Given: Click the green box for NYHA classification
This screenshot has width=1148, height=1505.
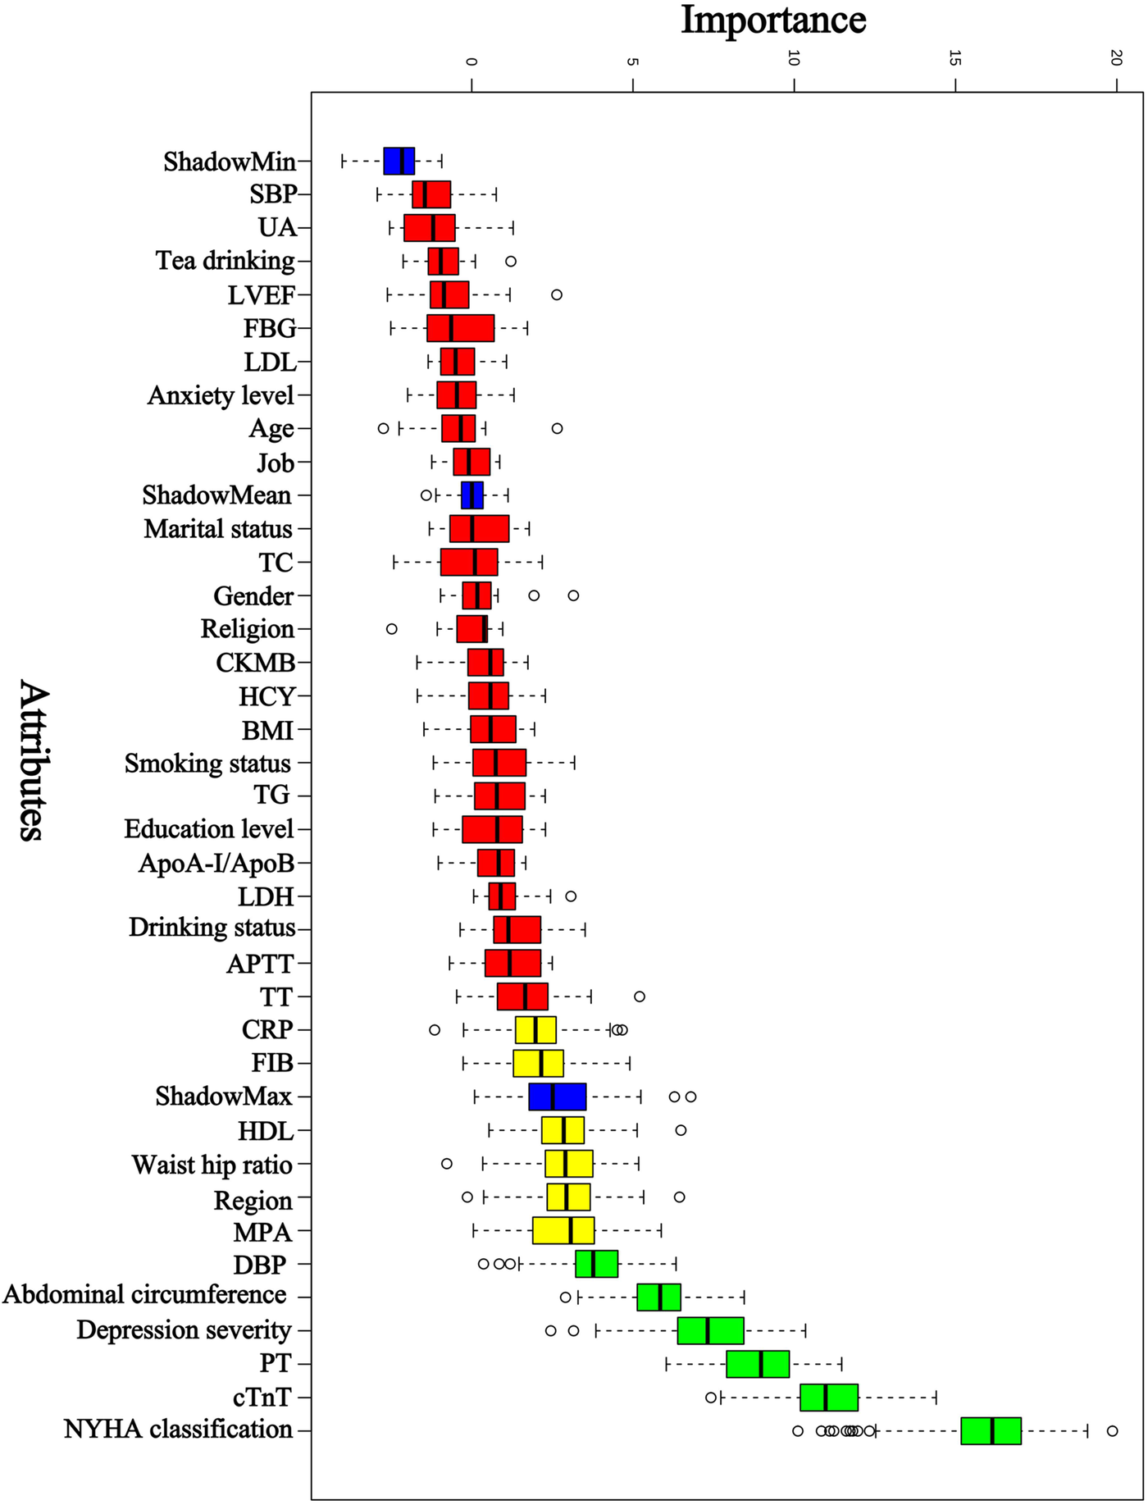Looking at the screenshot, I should click(x=991, y=1430).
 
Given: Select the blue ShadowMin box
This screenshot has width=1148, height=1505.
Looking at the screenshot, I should click(x=399, y=161).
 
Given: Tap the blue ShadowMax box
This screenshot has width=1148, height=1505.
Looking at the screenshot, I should click(x=557, y=1097).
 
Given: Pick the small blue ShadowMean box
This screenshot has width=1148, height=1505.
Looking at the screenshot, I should click(x=472, y=495).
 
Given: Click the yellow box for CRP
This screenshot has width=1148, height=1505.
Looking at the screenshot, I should click(x=535, y=1029).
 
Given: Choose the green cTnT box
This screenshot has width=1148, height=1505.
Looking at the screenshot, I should click(x=829, y=1397).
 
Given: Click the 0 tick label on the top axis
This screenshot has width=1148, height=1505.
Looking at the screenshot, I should click(x=471, y=61).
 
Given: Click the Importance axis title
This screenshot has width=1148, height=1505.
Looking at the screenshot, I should click(x=773, y=20).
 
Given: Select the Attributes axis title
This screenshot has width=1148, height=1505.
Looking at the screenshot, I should click(x=30, y=759).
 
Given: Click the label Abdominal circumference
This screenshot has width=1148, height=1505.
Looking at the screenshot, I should click(x=145, y=1295).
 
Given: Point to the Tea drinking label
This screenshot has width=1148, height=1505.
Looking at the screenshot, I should click(x=225, y=261).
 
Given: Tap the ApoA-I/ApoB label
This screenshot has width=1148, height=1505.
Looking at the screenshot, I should click(x=216, y=863).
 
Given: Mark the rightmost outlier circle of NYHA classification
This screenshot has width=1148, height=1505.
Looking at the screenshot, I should click(x=1112, y=1430).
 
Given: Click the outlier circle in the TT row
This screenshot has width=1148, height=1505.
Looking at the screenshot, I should click(x=640, y=996).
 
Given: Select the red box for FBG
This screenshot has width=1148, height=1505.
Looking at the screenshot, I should click(x=460, y=328).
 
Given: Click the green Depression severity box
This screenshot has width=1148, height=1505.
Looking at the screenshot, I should click(x=710, y=1330).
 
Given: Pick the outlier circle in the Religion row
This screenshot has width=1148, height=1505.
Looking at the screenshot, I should click(x=392, y=629).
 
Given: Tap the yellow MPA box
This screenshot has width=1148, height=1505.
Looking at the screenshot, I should click(x=563, y=1230).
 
